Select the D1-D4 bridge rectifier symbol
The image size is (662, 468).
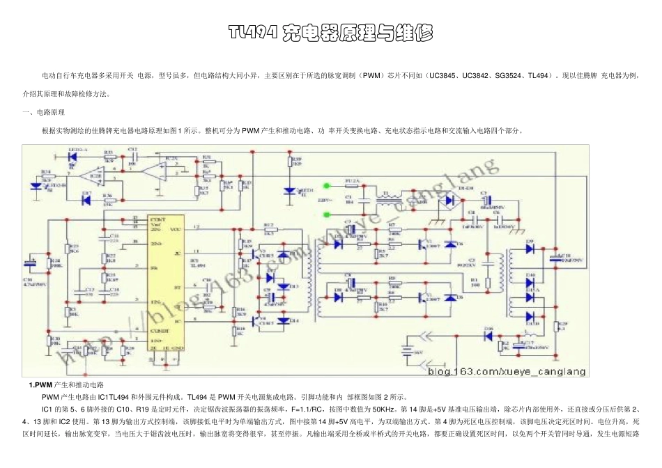[x=450, y=201]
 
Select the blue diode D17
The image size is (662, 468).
[x=86, y=200]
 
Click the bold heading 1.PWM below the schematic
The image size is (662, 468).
[x=41, y=384]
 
